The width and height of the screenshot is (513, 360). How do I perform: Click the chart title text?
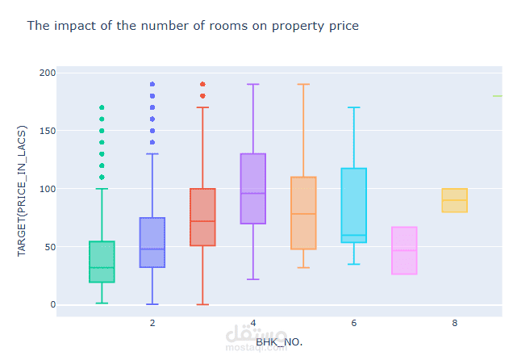(193, 26)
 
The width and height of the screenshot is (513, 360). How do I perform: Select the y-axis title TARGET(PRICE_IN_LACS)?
(22, 190)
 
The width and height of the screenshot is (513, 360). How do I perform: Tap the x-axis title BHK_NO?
(279, 342)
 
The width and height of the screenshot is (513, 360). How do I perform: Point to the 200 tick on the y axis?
(48, 73)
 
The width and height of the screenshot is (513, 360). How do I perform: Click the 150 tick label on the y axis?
(48, 131)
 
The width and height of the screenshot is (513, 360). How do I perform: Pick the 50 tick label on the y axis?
(50, 247)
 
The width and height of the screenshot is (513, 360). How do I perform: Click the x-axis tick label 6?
(354, 323)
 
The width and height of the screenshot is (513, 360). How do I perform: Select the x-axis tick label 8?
(455, 323)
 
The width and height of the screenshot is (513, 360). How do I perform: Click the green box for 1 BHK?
(102, 262)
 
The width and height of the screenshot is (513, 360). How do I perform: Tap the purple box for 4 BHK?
(253, 189)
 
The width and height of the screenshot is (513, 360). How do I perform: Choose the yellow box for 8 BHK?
(454, 200)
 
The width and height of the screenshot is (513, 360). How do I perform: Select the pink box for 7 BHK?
(404, 250)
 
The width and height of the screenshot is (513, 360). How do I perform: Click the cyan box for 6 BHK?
(354, 206)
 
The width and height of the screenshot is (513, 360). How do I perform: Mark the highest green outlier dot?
(102, 107)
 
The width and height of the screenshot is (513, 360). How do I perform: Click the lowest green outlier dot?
(102, 177)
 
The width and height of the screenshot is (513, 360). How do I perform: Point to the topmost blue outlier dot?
(152, 84)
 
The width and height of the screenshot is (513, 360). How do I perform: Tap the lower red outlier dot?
(202, 96)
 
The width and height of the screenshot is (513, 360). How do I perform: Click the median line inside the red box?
(202, 221)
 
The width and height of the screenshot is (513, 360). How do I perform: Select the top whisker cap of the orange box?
(303, 84)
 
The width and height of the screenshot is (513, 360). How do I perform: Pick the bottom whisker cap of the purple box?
(253, 279)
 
